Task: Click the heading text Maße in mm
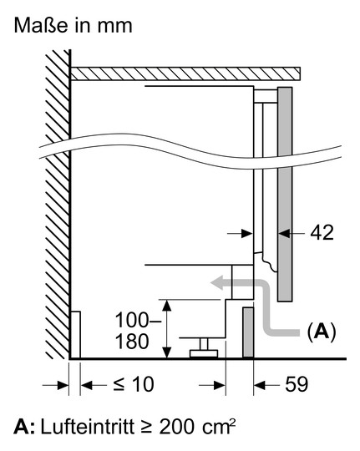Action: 74,25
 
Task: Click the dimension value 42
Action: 322,233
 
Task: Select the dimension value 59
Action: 297,384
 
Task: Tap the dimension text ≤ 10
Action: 134,384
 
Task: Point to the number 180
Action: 132,342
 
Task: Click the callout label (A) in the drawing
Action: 322,332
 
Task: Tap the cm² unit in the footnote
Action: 219,427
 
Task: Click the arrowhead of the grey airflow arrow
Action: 216,283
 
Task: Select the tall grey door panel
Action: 285,195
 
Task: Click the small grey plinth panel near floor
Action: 248,332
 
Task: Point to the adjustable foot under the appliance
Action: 204,348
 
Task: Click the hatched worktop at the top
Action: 185,73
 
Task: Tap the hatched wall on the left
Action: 58,205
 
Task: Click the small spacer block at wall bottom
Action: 75,335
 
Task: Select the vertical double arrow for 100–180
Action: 167,329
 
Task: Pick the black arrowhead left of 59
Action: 260,385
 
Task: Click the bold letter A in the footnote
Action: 21,427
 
